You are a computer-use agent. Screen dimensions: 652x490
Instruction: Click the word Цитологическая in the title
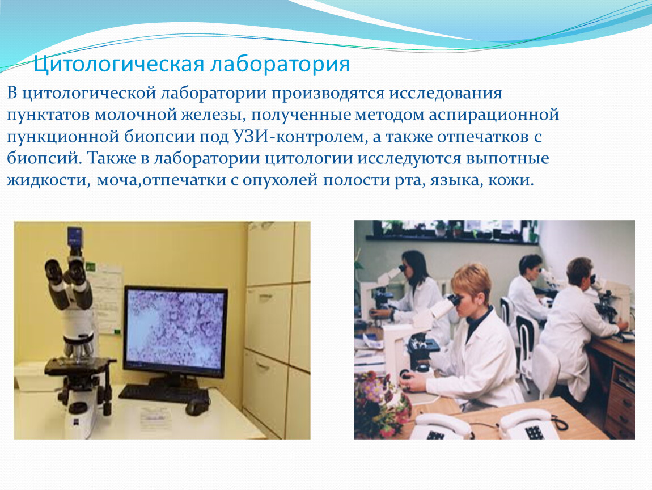click(x=118, y=65)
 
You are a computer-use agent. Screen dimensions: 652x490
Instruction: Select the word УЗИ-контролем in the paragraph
click(x=298, y=137)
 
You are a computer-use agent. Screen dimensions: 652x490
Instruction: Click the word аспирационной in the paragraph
click(x=494, y=115)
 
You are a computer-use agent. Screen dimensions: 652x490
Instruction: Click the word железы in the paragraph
click(x=213, y=115)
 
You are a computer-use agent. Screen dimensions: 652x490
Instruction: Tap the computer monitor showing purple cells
click(x=176, y=328)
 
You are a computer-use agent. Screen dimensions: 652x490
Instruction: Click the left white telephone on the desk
click(x=442, y=425)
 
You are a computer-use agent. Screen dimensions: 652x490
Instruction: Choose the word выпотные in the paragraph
click(x=507, y=158)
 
